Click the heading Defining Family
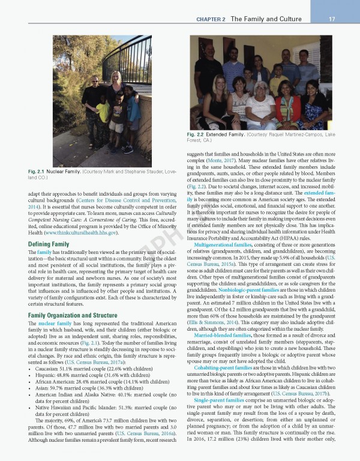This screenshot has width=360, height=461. (49, 244)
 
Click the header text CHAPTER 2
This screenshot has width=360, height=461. (211, 19)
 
